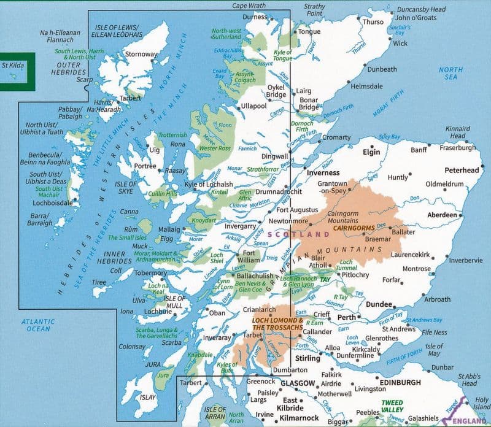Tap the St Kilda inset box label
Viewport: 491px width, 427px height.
tap(15, 64)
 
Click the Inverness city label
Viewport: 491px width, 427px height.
tap(323, 172)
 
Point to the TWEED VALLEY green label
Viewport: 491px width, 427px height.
tap(391, 406)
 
